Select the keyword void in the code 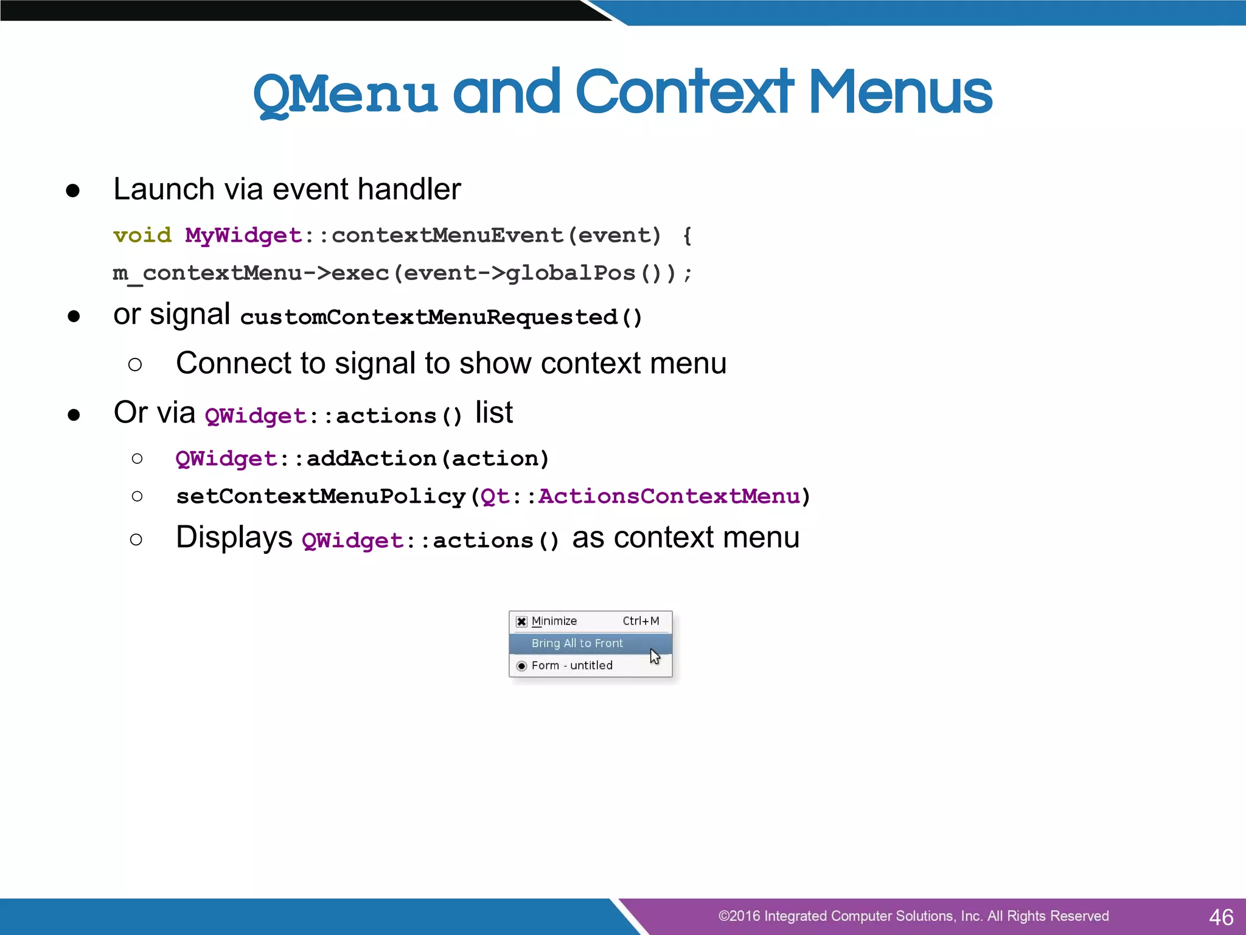[142, 236]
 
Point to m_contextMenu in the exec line [207, 273]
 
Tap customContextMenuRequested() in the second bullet [441, 317]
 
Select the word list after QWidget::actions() [493, 413]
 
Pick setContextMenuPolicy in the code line [321, 496]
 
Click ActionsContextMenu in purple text [669, 496]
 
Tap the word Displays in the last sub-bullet [234, 538]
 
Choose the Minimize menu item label [554, 621]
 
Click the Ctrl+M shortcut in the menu [641, 621]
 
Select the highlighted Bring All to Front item [577, 643]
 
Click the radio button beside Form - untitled [521, 666]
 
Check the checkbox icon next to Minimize [521, 622]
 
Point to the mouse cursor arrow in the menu [655, 656]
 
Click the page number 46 [1221, 917]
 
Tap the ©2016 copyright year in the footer [739, 916]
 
